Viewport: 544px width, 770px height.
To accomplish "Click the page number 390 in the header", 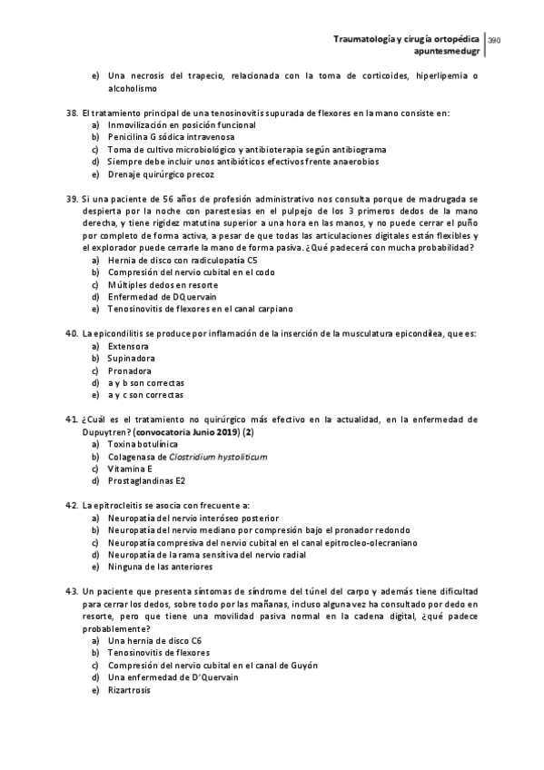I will (495, 40).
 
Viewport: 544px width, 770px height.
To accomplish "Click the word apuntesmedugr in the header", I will (447, 52).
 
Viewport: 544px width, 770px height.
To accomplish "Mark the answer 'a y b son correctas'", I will (146, 382).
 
